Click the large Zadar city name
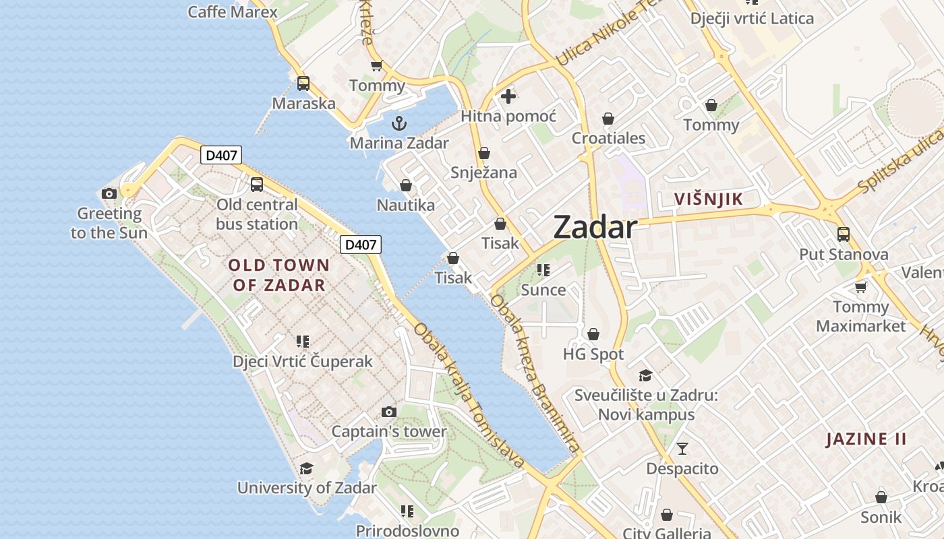(595, 228)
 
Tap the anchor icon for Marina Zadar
(399, 123)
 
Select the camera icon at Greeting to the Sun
(109, 194)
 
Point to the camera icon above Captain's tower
(388, 412)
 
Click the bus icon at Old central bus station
(257, 184)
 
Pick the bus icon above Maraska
(303, 84)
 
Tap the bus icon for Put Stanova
(843, 234)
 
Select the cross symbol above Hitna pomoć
(508, 96)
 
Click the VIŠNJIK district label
(709, 199)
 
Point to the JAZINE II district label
(866, 439)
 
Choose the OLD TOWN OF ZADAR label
(278, 275)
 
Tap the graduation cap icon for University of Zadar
(307, 468)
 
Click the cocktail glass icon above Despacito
(682, 448)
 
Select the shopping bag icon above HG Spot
(593, 334)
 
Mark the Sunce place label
(543, 290)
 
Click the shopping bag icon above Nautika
(406, 185)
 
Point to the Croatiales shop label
(608, 139)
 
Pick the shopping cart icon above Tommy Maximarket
(860, 288)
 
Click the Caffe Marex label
(233, 11)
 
